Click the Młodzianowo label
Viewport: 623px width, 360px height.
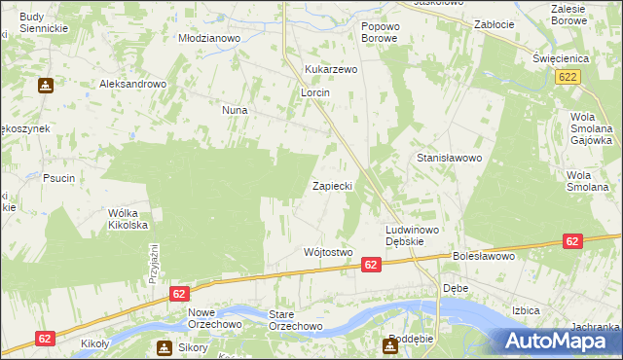(x=208, y=38)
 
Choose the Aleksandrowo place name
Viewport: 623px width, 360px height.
(x=133, y=85)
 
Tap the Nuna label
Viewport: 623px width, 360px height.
(x=235, y=111)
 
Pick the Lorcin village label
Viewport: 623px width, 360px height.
(x=314, y=92)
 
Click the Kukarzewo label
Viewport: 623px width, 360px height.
(x=332, y=70)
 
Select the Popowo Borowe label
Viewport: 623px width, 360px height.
(x=380, y=32)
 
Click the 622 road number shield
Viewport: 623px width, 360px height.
(x=570, y=76)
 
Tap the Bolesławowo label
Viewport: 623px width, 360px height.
(x=483, y=257)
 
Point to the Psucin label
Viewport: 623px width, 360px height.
(x=59, y=178)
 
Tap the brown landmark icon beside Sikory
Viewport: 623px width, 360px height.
(x=164, y=347)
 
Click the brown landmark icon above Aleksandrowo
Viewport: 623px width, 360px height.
(x=45, y=86)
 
